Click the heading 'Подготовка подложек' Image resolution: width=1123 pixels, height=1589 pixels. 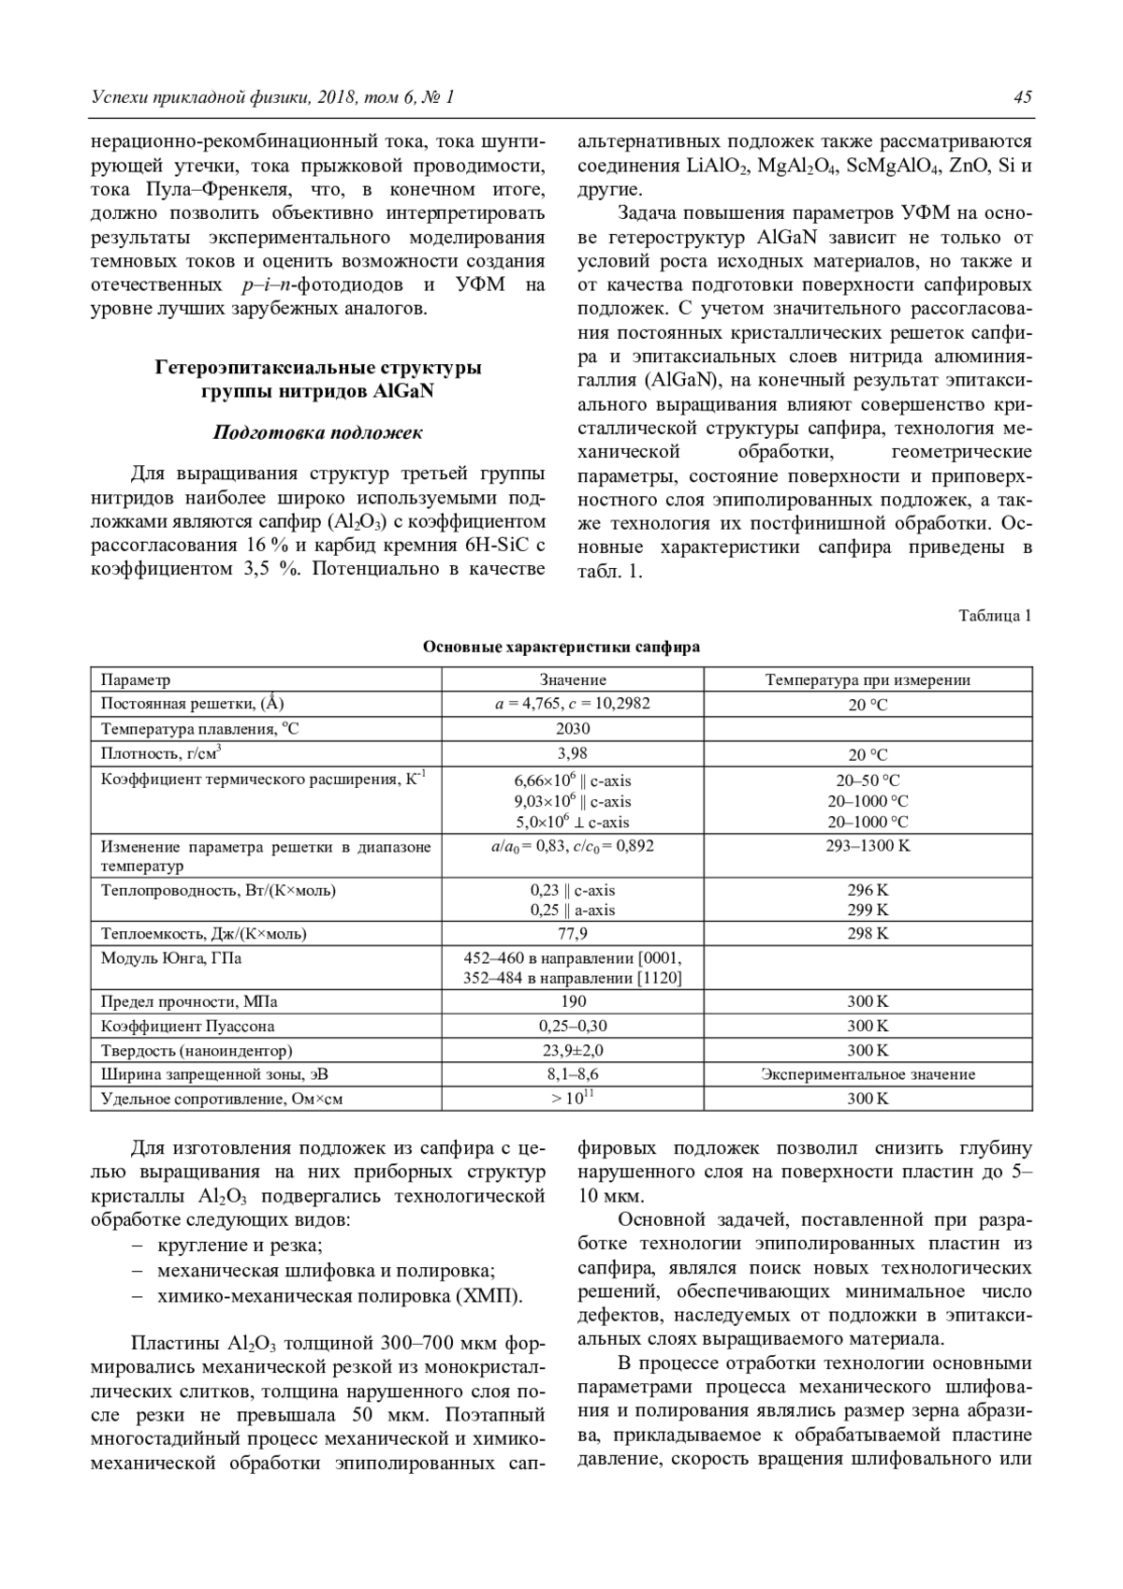317,432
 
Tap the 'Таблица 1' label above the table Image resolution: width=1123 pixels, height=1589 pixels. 995,616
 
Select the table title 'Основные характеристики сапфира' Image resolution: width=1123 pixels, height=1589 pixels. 561,647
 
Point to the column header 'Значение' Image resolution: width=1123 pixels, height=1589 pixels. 573,680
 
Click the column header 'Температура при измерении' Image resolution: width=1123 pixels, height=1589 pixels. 868,680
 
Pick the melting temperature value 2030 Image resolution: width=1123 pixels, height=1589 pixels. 573,729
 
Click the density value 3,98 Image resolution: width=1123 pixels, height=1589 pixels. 573,753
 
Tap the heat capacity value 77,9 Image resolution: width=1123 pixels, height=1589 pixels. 573,934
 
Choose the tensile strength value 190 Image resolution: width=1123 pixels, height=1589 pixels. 573,1002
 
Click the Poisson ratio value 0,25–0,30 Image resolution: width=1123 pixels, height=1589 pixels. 573,1027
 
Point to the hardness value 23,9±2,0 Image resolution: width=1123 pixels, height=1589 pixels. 573,1051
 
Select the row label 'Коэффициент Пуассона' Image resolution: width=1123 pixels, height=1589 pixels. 188,1027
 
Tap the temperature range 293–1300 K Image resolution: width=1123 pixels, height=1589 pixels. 868,846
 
